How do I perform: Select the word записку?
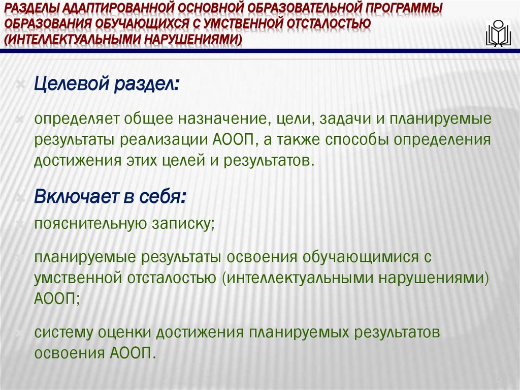click(181, 223)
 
